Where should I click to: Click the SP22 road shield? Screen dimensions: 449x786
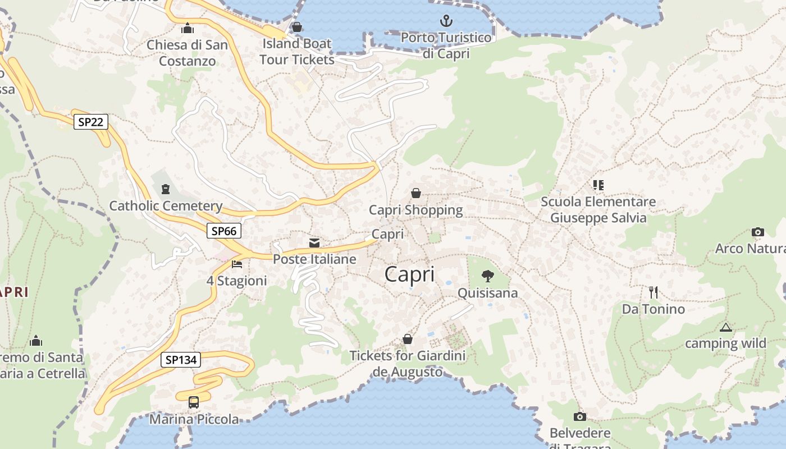91,122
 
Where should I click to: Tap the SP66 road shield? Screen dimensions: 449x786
224,231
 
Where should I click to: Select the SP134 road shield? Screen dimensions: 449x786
181,360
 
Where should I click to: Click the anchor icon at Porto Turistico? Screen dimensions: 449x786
446,21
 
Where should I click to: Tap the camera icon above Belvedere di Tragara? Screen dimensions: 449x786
580,416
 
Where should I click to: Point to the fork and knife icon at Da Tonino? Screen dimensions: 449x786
653,292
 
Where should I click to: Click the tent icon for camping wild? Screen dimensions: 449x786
726,327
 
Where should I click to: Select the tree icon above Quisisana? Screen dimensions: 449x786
487,276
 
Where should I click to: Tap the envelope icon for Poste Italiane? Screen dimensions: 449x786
314,243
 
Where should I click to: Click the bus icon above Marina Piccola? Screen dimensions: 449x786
194,402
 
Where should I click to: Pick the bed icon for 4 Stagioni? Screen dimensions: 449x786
237,264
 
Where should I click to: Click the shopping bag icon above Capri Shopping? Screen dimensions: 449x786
416,193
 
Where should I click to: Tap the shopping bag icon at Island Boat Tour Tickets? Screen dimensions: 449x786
297,27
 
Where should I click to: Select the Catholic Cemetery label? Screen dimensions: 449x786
166,206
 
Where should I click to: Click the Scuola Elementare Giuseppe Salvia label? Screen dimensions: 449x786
598,210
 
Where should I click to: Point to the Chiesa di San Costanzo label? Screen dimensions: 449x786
188,53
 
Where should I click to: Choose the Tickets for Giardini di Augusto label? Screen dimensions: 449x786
408,364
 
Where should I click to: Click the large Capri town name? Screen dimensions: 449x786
410,274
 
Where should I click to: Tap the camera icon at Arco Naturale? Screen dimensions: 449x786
757,232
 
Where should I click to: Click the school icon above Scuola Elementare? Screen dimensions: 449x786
598,185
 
